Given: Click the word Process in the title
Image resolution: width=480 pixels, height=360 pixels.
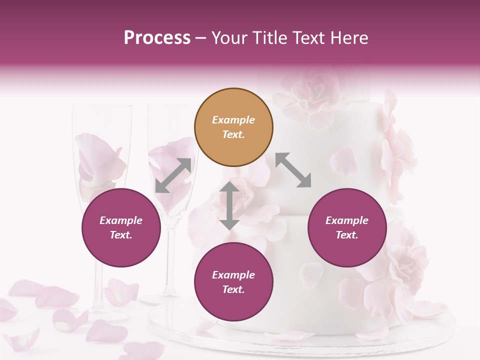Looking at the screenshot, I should pos(157,38).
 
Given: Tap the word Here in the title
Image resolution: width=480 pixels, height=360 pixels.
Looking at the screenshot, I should pos(349,38).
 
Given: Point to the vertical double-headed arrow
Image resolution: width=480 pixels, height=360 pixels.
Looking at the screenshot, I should pos(229,205).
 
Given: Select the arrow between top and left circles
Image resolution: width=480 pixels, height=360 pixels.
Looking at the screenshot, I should pos(173,175).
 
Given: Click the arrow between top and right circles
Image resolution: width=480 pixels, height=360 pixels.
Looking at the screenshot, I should pos(293,170).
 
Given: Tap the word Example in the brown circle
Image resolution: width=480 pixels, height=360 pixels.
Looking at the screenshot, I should pos(233,120).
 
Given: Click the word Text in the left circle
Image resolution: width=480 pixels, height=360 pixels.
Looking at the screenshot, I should pos(121,235).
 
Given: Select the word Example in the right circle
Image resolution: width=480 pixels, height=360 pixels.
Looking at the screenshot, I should pos(347,220).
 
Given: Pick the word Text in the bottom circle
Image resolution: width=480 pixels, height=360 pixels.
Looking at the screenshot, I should pos(233,289).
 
